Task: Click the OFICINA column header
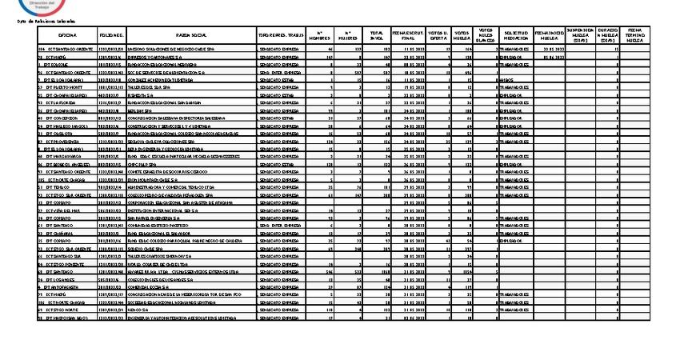tap(67, 36)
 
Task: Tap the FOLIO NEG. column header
tap(111, 36)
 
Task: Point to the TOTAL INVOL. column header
tap(375, 36)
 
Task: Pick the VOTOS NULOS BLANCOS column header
tap(485, 36)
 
